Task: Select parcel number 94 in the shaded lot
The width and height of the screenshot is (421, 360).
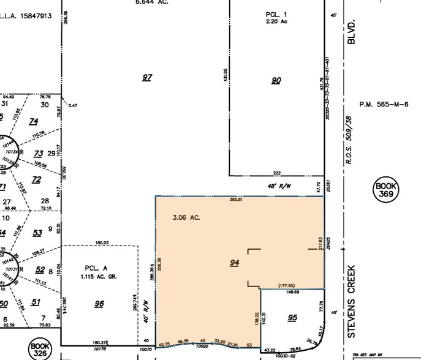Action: click(x=234, y=263)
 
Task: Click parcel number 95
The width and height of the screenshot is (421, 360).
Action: click(x=292, y=317)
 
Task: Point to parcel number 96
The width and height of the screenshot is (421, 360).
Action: click(x=99, y=304)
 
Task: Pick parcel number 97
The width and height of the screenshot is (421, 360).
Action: click(x=147, y=78)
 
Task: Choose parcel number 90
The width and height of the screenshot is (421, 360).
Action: click(x=276, y=80)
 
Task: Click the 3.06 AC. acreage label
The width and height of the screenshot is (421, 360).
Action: click(x=187, y=217)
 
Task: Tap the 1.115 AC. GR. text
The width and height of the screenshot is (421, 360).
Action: click(x=99, y=277)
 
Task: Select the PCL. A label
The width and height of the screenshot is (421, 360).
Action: click(x=96, y=268)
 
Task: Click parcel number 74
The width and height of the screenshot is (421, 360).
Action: click(x=34, y=121)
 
